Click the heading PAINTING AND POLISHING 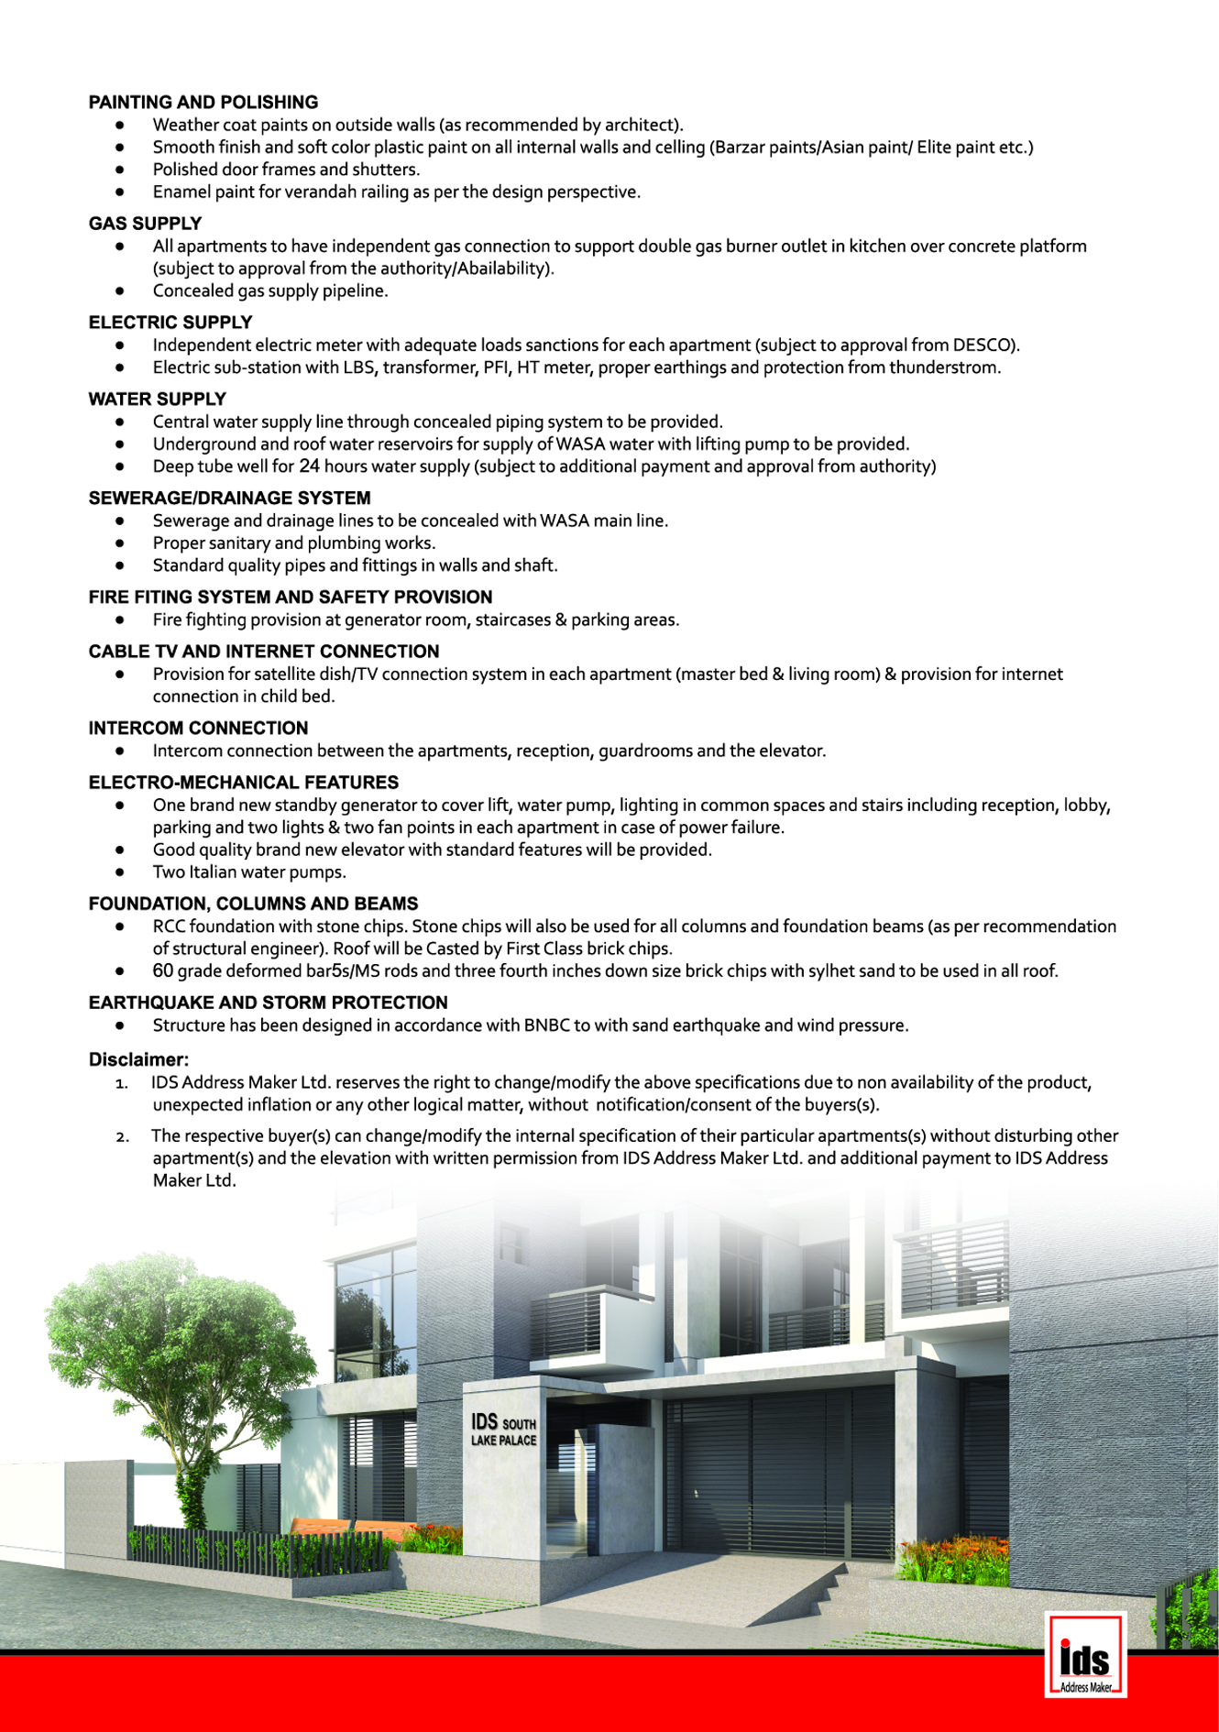pos(203,103)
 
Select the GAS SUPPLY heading pos(145,224)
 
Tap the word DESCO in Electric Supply pos(983,345)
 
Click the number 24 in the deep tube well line pos(309,466)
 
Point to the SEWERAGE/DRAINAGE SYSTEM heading pos(229,499)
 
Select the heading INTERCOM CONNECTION pos(198,729)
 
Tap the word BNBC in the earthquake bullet pos(546,1025)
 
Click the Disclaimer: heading pos(138,1060)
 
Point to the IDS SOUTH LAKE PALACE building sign pos(503,1431)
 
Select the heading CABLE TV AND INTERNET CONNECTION pos(264,652)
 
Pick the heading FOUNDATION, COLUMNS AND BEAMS pos(253,904)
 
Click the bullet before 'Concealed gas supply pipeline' pos(120,291)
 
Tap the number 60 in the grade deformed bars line pos(163,971)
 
